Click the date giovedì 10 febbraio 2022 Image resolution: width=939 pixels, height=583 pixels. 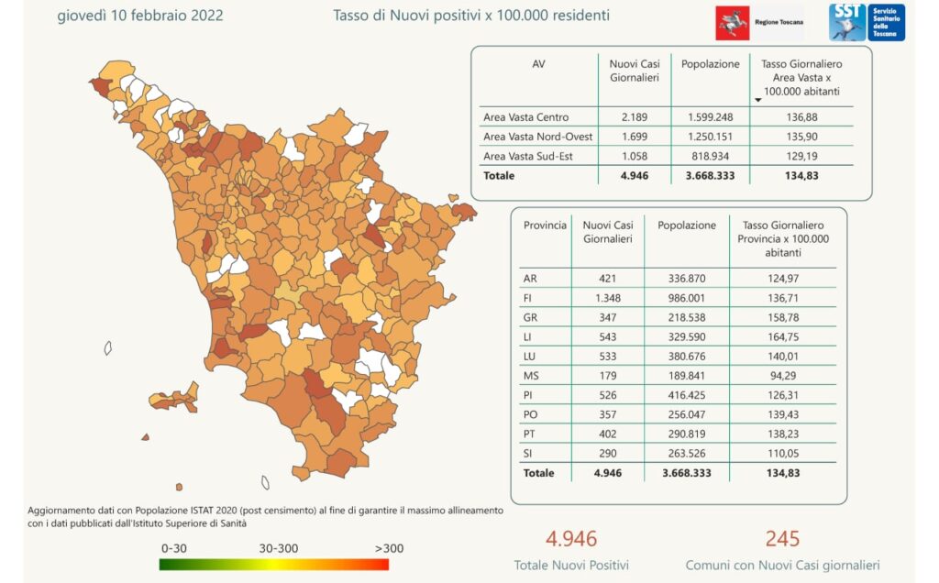coord(139,16)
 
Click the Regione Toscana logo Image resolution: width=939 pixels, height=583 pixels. coord(759,22)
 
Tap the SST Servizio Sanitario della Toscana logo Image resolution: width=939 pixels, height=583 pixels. coord(867,22)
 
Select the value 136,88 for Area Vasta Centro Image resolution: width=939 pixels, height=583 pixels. coord(801,117)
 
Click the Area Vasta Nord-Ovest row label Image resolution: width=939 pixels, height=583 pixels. coord(537,137)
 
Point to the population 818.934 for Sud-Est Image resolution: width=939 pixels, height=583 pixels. coord(710,156)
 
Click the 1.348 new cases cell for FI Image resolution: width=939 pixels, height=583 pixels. coord(602,299)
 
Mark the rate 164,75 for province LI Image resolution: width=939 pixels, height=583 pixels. coord(782,338)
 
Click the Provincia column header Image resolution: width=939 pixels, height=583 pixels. coord(545,225)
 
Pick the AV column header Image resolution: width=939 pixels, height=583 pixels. coord(538,64)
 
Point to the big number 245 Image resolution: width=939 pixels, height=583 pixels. coord(783,539)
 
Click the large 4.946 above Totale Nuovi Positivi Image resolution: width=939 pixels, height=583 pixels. coord(571,539)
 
